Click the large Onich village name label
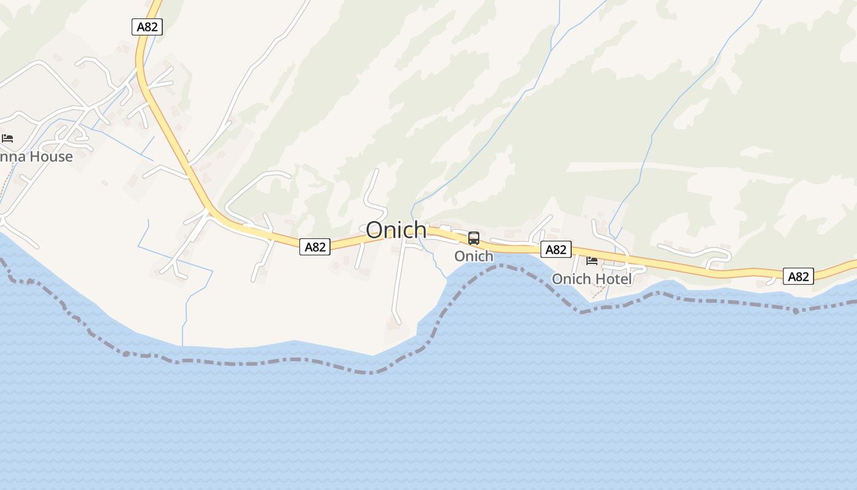[396, 230]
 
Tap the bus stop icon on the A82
[474, 238]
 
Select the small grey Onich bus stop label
[473, 256]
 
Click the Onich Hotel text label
[591, 279]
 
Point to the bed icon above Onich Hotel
[592, 260]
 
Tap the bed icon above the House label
[7, 138]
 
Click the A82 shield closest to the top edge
[147, 27]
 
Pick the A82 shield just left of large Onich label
[315, 247]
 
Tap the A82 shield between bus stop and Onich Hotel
[556, 249]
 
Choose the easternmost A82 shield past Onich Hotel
[798, 276]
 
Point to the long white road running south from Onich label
[397, 282]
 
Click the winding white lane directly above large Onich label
[373, 190]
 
